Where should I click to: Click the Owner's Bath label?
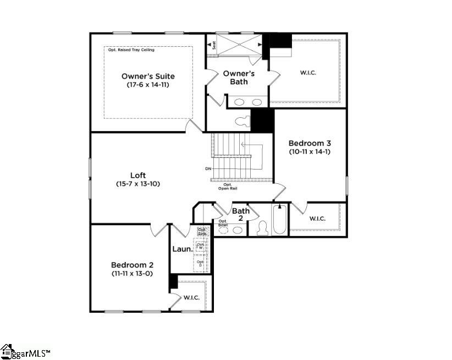click(x=239, y=78)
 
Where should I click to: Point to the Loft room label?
click(x=138, y=175)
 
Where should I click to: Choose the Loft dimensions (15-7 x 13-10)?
click(x=138, y=183)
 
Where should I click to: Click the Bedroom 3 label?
click(x=310, y=143)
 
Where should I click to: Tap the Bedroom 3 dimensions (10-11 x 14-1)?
click(x=310, y=151)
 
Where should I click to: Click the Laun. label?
click(x=182, y=249)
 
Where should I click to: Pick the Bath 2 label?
click(x=241, y=215)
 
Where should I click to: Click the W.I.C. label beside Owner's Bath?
click(x=308, y=73)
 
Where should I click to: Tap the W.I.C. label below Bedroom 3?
click(x=317, y=219)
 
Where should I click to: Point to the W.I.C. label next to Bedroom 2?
click(x=191, y=298)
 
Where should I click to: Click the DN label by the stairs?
click(x=208, y=168)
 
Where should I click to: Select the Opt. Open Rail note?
click(x=227, y=187)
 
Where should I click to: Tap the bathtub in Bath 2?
click(x=280, y=221)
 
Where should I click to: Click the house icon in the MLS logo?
click(x=7, y=351)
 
